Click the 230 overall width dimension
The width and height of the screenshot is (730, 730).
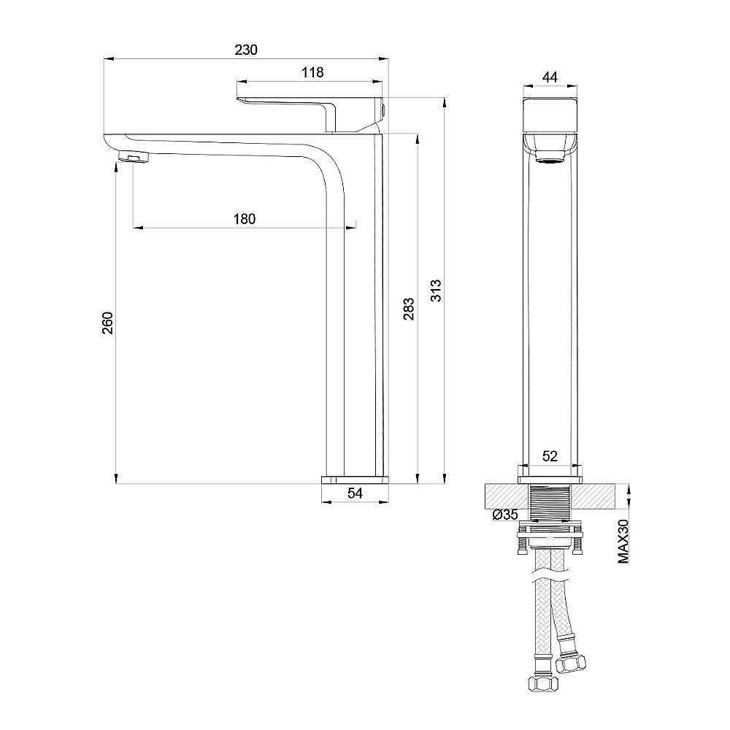pos(246,50)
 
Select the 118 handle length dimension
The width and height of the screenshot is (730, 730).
pos(312,72)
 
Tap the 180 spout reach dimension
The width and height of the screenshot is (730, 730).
pos(245,218)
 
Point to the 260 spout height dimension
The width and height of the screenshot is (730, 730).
pos(107,322)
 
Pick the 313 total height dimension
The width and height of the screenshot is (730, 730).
pos(436,292)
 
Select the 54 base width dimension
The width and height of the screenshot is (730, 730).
pos(355,493)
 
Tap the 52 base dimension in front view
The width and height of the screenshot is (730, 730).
pos(550,456)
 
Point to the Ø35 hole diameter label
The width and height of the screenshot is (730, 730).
pos(504,515)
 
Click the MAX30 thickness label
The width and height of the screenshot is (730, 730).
pos(623,541)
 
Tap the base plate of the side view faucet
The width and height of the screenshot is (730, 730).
pos(355,480)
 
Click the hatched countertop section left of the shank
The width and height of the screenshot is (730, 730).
pos(504,496)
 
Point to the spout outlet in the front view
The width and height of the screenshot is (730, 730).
pos(551,155)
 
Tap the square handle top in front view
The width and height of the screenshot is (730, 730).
pos(551,113)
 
